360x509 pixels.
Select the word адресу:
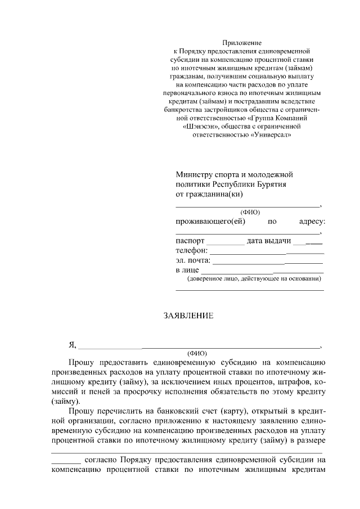[312, 222]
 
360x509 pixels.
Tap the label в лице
[188, 271]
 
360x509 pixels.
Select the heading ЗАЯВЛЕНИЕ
[188, 316]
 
